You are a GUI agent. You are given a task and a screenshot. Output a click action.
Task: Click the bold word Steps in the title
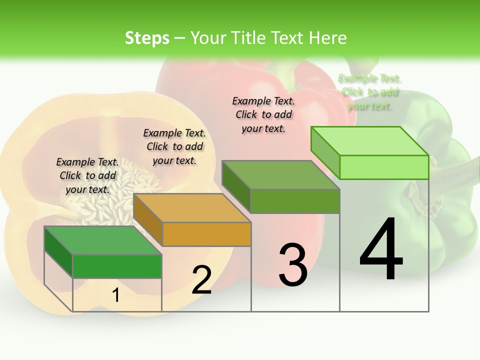(147, 38)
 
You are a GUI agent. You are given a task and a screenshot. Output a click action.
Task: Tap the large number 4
(381, 250)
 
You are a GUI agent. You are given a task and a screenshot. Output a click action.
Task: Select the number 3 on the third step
(293, 264)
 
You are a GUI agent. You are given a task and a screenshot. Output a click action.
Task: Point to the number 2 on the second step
(202, 280)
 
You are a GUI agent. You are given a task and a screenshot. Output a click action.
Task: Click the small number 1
(115, 295)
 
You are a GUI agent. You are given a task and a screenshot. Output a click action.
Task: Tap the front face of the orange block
(206, 234)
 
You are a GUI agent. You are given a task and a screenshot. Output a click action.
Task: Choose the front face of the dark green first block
(117, 266)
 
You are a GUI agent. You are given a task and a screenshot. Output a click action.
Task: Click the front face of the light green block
(384, 167)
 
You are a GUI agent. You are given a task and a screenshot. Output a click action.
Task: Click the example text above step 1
(87, 175)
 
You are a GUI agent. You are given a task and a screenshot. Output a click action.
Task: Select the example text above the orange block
(174, 146)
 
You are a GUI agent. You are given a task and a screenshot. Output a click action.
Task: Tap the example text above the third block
(263, 114)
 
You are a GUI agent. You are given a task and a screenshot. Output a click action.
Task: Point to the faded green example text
(369, 92)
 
